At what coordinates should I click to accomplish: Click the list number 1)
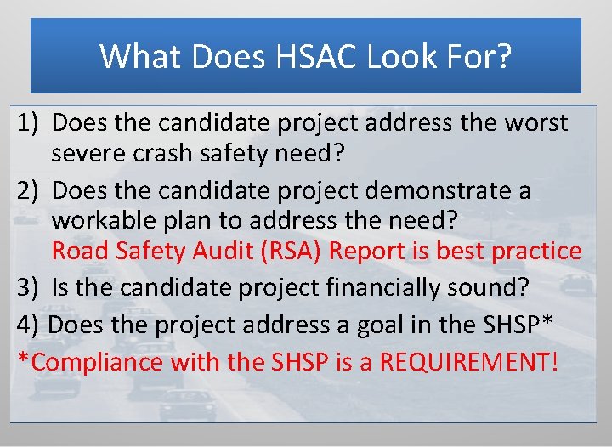(29, 123)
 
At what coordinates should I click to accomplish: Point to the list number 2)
(29, 190)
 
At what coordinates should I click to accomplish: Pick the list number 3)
(29, 287)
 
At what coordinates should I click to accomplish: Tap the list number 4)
(29, 325)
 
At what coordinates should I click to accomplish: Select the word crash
(173, 155)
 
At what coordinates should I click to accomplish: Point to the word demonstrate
(439, 190)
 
